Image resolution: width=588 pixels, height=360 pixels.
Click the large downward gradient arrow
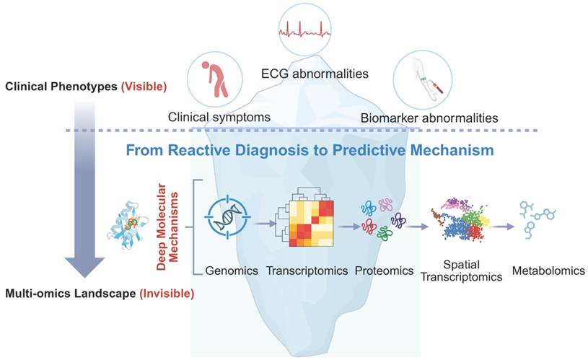click(85, 188)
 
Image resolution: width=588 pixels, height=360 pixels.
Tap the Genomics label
click(231, 271)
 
